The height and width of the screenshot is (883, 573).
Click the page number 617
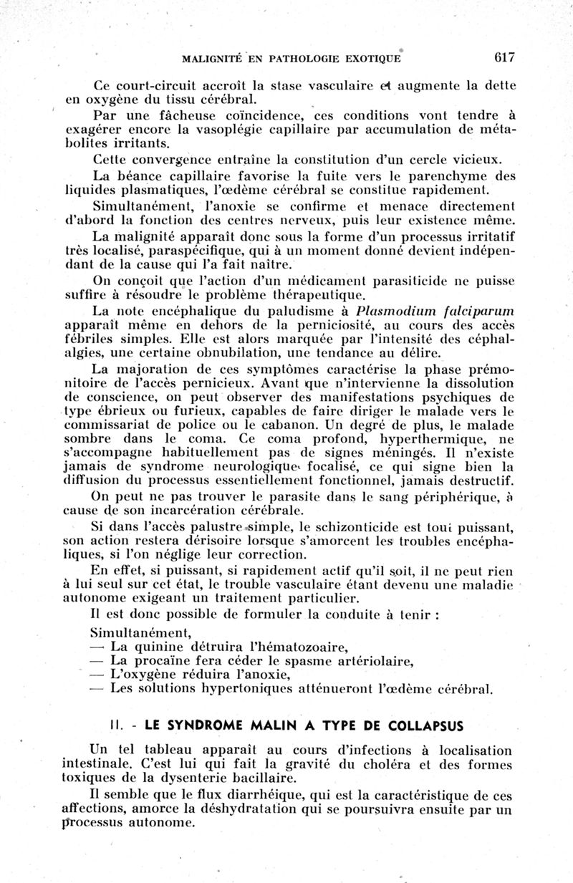click(x=504, y=57)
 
